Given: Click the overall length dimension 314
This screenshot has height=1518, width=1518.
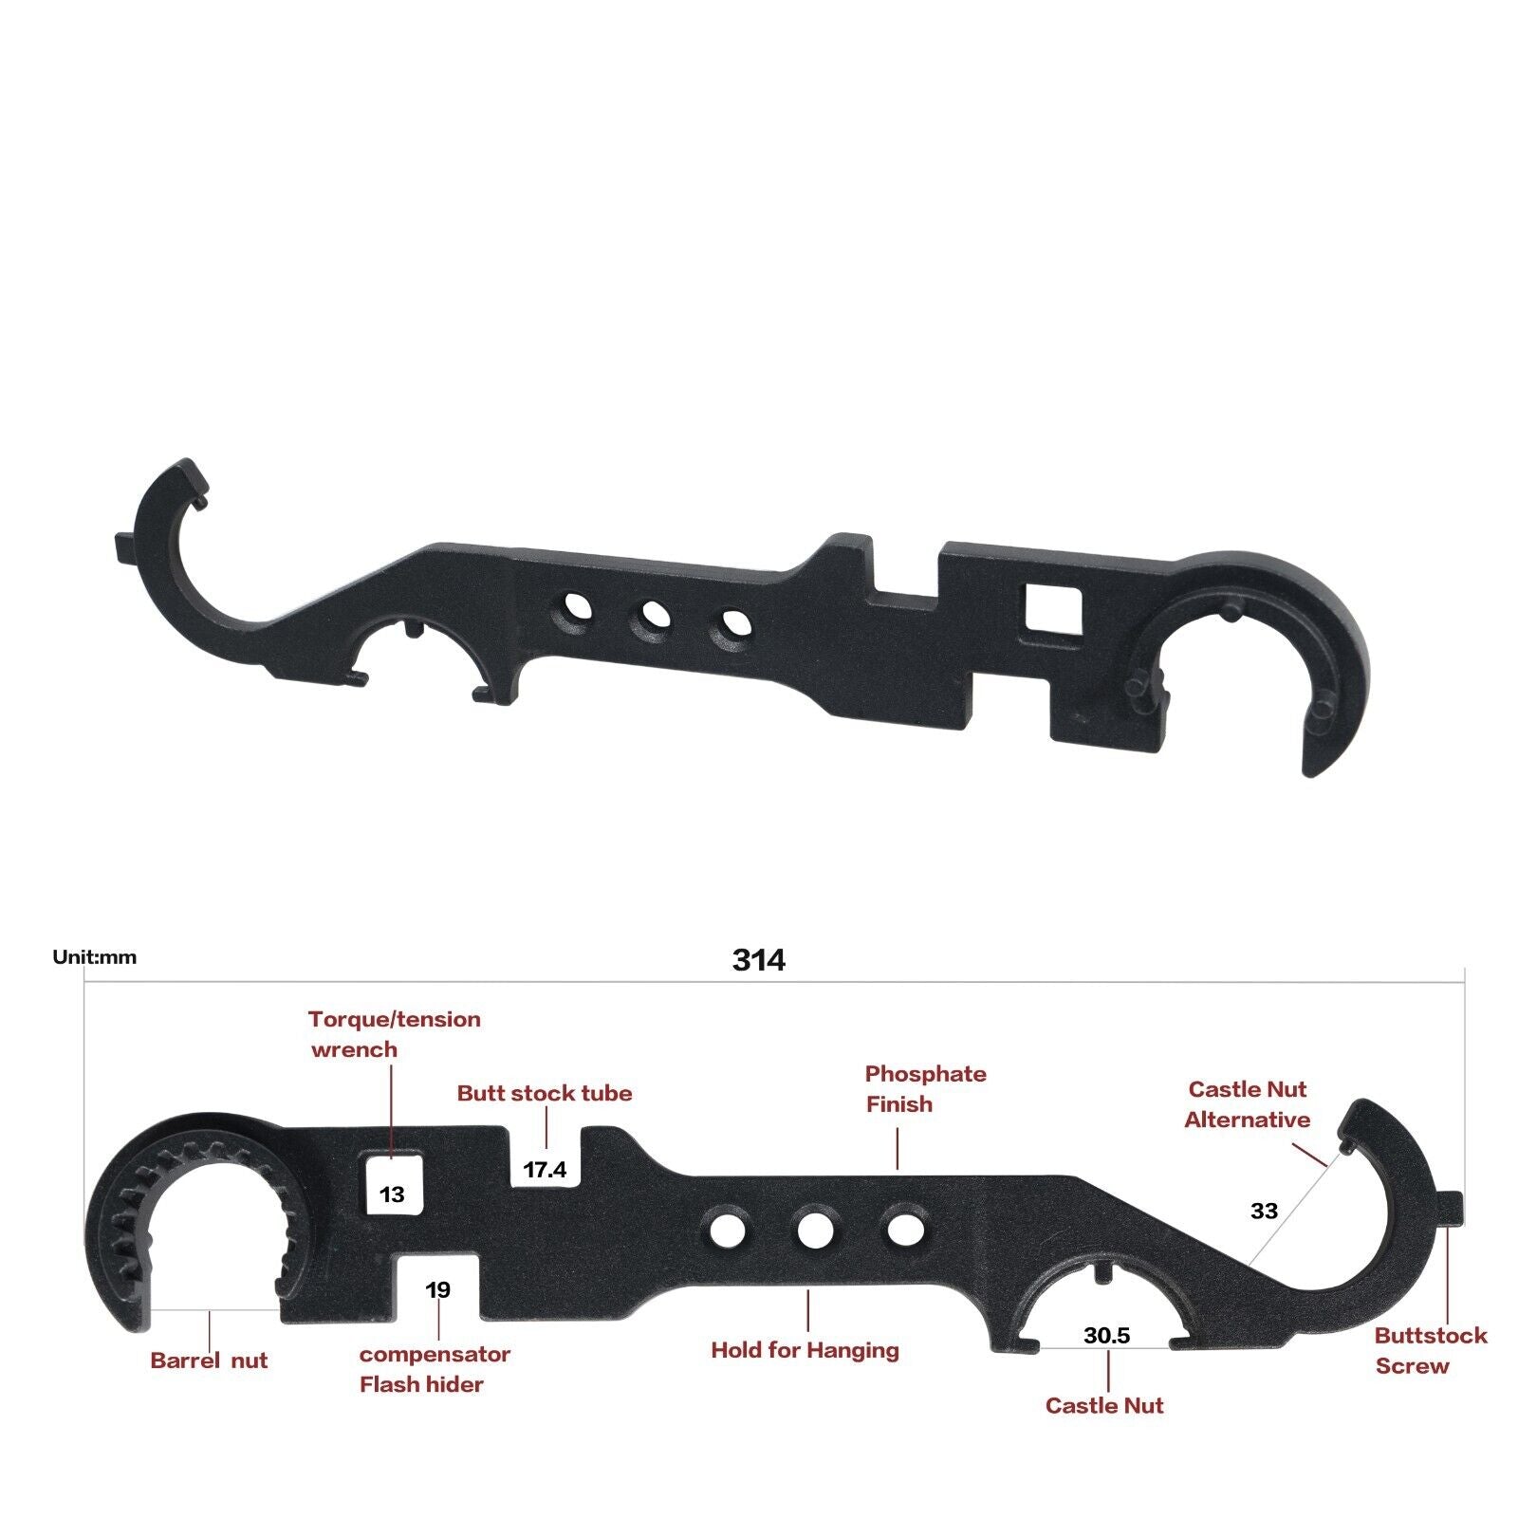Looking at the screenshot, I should [758, 960].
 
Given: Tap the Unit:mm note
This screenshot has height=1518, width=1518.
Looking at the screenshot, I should [94, 957].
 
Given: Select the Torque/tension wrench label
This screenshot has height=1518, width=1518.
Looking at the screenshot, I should [394, 1034].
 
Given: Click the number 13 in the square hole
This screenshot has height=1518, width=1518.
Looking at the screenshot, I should [392, 1194].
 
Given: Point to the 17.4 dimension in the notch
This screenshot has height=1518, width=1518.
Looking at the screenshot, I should [545, 1170].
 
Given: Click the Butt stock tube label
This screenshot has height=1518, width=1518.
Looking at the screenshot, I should [545, 1093].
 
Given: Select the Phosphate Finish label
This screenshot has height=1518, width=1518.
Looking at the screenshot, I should [925, 1089].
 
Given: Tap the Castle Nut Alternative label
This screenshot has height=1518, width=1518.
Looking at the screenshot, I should [1247, 1104].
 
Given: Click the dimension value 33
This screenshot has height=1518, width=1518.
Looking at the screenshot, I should [1264, 1211].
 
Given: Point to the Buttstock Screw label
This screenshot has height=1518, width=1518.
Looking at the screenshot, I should [1430, 1350].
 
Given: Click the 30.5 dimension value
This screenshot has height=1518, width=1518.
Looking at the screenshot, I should [1106, 1336].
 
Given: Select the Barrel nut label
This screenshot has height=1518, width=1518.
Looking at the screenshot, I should [209, 1361].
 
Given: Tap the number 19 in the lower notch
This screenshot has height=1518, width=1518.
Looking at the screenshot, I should [437, 1289].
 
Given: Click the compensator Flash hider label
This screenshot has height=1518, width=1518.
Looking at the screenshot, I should [434, 1369].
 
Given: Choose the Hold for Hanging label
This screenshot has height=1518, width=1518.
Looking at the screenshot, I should [805, 1350].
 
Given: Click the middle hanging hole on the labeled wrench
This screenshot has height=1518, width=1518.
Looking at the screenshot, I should [815, 1231].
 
